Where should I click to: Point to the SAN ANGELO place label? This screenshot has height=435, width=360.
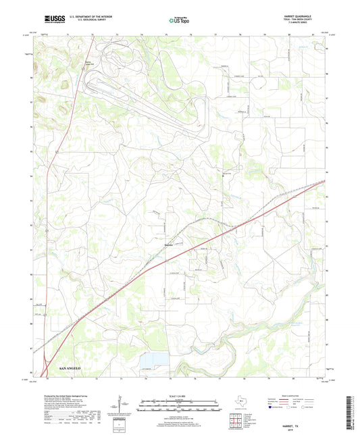[x=70, y=368]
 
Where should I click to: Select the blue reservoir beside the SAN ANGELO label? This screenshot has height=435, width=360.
[x=157, y=358]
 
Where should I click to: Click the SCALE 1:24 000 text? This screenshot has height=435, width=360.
[x=179, y=394]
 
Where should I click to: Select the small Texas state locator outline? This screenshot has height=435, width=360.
[x=242, y=403]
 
